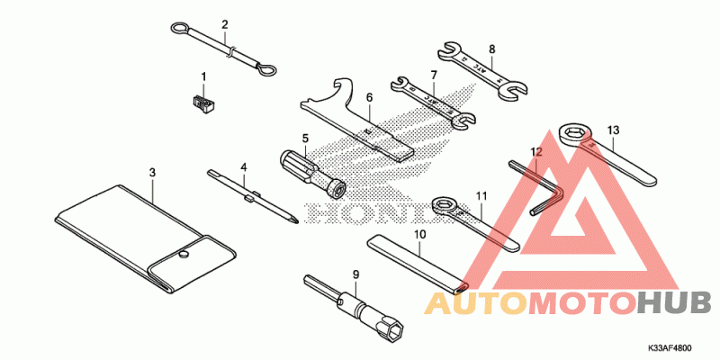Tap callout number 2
(225, 24)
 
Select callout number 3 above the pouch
(152, 171)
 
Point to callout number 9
(355, 273)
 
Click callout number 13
(613, 130)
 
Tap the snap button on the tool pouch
(183, 256)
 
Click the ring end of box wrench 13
(574, 135)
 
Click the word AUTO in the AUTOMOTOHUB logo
(477, 303)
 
